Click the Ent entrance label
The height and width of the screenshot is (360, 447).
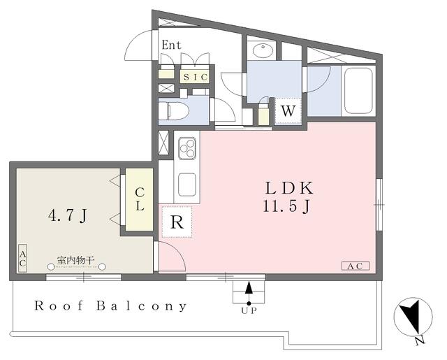pyautogui.click(x=171, y=45)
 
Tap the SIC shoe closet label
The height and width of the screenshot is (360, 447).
pyautogui.click(x=195, y=77)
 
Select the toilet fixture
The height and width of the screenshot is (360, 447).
pyautogui.click(x=173, y=110)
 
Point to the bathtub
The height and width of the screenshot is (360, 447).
pyautogui.click(x=358, y=91)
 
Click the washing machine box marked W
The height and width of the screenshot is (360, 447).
pyautogui.click(x=288, y=110)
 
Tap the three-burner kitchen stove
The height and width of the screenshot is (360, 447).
pyautogui.click(x=187, y=148)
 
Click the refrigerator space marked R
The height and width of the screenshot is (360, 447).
pyautogui.click(x=177, y=222)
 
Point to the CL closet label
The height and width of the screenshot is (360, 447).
pyautogui.click(x=140, y=199)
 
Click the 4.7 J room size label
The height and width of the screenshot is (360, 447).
pyautogui.click(x=67, y=216)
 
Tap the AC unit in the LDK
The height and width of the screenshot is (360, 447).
pyautogui.click(x=356, y=266)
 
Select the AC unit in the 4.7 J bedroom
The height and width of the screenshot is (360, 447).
pyautogui.click(x=22, y=258)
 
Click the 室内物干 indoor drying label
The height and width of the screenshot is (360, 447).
pyautogui.click(x=75, y=260)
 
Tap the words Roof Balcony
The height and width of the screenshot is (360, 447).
pyautogui.click(x=110, y=306)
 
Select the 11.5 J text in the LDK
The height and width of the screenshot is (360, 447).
pyautogui.click(x=286, y=206)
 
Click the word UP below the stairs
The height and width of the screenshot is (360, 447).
pyautogui.click(x=249, y=311)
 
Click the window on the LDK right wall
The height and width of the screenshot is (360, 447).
pyautogui.click(x=379, y=205)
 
